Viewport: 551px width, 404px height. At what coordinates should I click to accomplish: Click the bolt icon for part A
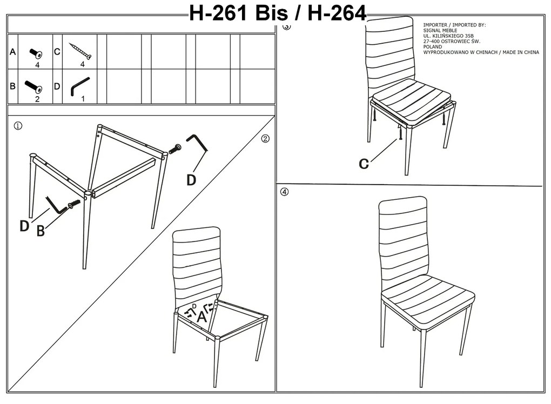36,53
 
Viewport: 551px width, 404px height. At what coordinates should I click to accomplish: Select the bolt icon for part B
33,86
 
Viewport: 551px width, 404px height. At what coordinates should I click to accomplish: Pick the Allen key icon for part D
79,86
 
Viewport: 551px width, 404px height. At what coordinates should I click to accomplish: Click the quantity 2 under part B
37,99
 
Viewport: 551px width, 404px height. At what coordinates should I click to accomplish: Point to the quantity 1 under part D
83,99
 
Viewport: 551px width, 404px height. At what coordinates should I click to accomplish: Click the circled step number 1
18,126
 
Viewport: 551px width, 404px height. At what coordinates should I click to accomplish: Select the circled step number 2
265,139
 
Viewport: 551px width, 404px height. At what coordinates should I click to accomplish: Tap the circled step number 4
284,192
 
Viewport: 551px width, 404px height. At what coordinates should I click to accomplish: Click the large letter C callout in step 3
364,164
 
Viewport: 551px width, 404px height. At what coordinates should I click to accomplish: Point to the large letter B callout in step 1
41,231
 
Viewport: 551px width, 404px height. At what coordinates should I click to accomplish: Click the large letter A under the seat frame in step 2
201,317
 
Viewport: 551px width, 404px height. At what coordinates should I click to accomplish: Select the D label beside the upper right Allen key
191,180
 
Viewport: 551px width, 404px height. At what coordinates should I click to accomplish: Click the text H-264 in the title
337,14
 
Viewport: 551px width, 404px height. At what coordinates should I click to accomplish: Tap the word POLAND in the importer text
433,47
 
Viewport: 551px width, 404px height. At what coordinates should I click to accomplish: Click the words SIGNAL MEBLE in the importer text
440,31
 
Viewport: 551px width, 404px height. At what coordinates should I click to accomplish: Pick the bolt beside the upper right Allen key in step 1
175,149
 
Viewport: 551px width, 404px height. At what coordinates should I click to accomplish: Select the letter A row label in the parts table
12,52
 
